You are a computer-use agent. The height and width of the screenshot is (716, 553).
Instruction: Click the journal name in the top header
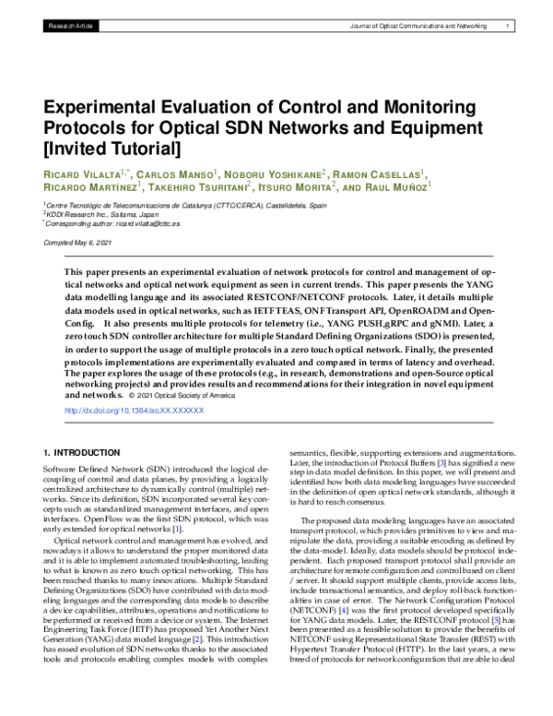tap(418, 28)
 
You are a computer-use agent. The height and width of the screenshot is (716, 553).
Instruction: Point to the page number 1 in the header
tap(508, 28)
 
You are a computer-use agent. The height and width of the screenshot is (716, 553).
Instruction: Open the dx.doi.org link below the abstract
tap(129, 409)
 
